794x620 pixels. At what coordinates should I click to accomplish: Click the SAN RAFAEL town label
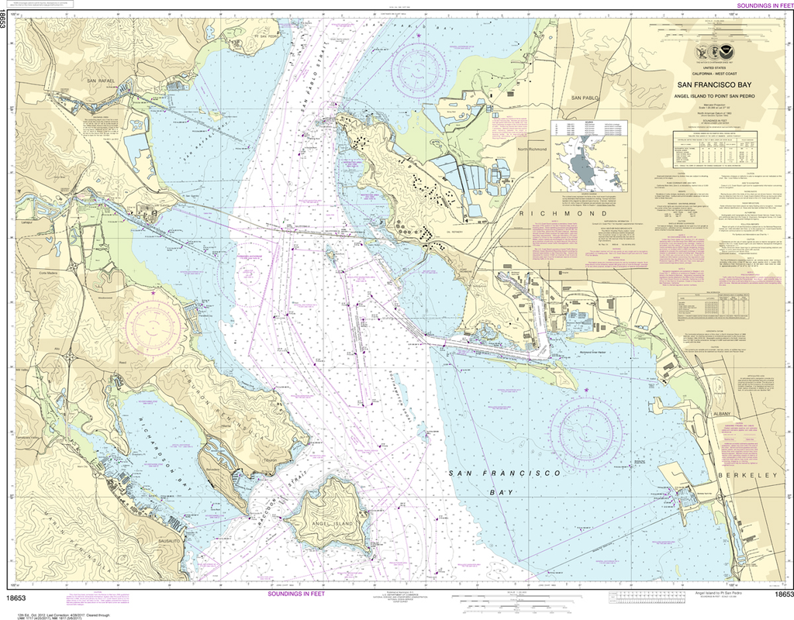101,81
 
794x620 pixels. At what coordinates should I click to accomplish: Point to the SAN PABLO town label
586,98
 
